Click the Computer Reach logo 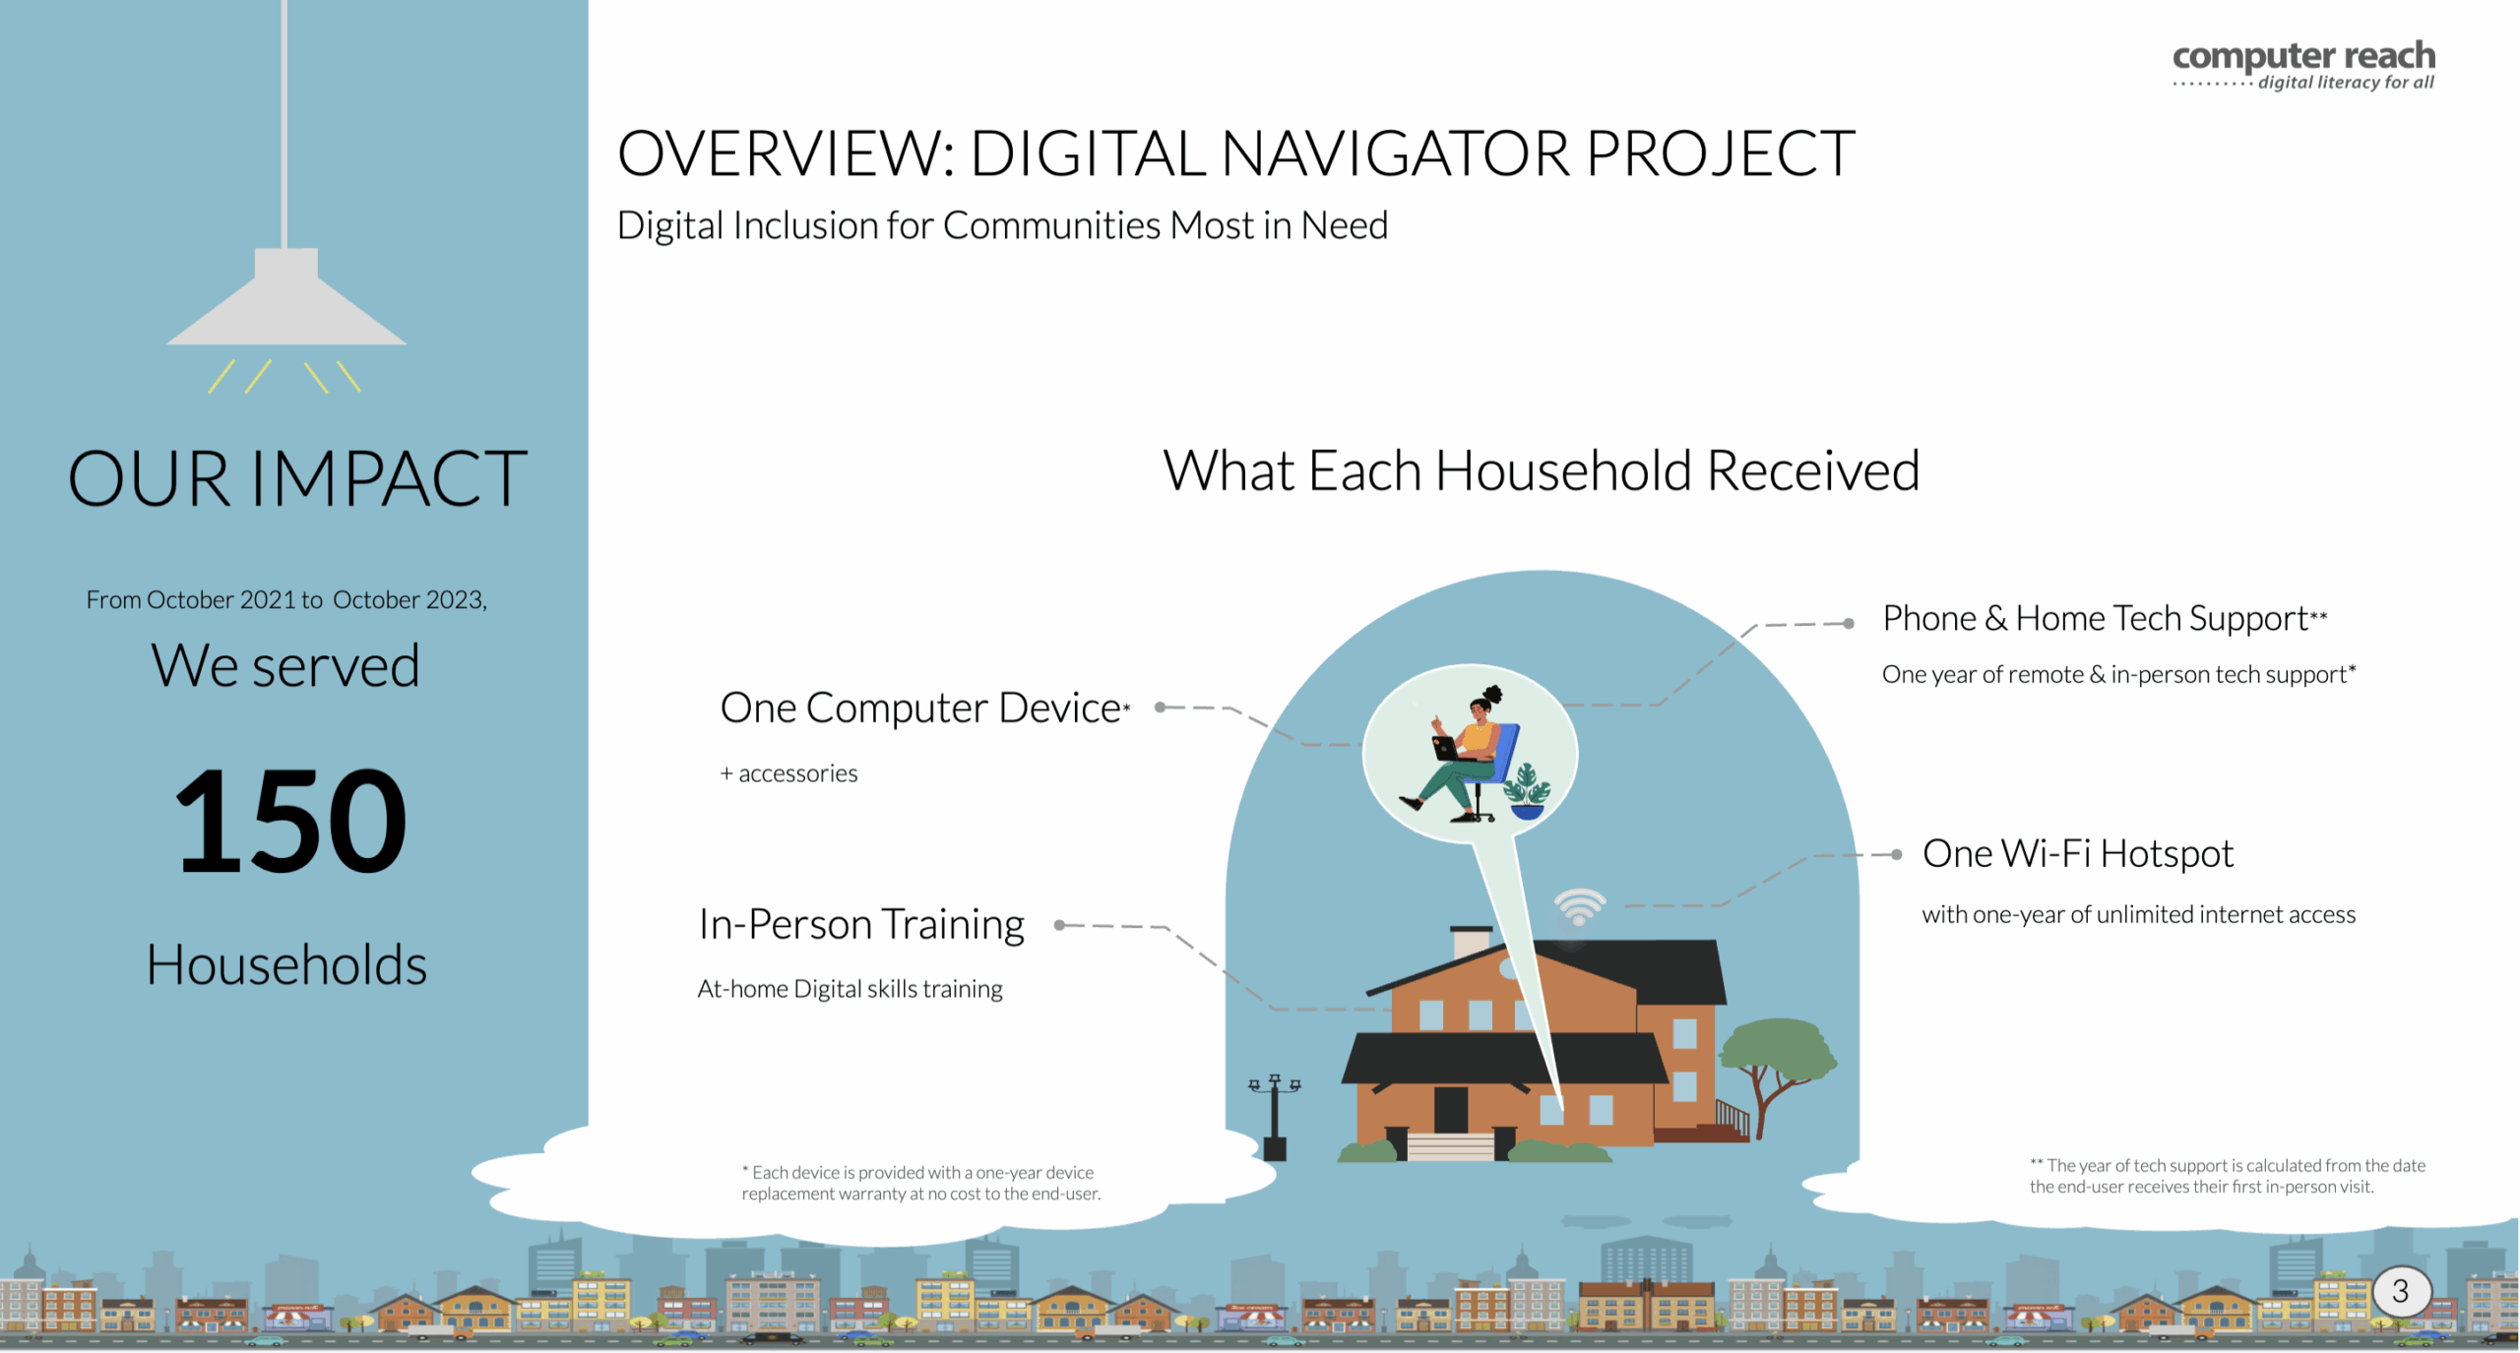pos(2303,66)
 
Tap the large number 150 pos(290,821)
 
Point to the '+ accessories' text pos(788,773)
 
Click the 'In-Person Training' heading pos(861,925)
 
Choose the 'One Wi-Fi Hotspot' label pos(2078,853)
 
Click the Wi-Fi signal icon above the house pos(1579,906)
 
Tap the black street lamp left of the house pos(1275,1117)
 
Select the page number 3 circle pos(2402,1291)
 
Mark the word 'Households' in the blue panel pos(286,964)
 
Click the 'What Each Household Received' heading pos(1542,470)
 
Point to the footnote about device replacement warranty pos(920,1183)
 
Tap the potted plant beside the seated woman pos(1527,792)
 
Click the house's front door pos(1451,1109)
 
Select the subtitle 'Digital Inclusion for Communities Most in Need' pos(1002,225)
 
